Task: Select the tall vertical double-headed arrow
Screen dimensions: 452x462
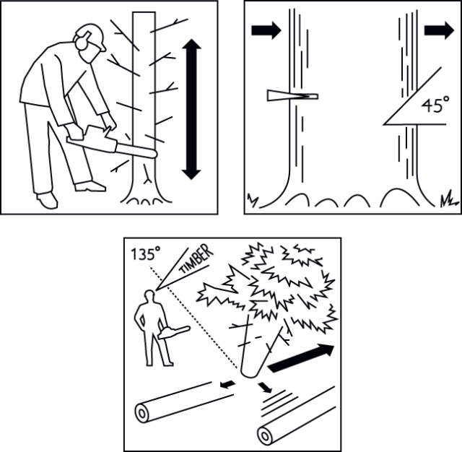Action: point(191,109)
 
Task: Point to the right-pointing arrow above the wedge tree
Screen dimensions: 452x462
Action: point(266,30)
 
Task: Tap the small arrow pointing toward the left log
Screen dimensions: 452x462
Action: point(227,384)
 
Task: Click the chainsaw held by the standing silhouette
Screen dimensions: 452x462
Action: point(173,332)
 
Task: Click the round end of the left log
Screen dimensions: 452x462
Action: point(142,414)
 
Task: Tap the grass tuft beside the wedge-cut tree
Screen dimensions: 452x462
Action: point(253,198)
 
